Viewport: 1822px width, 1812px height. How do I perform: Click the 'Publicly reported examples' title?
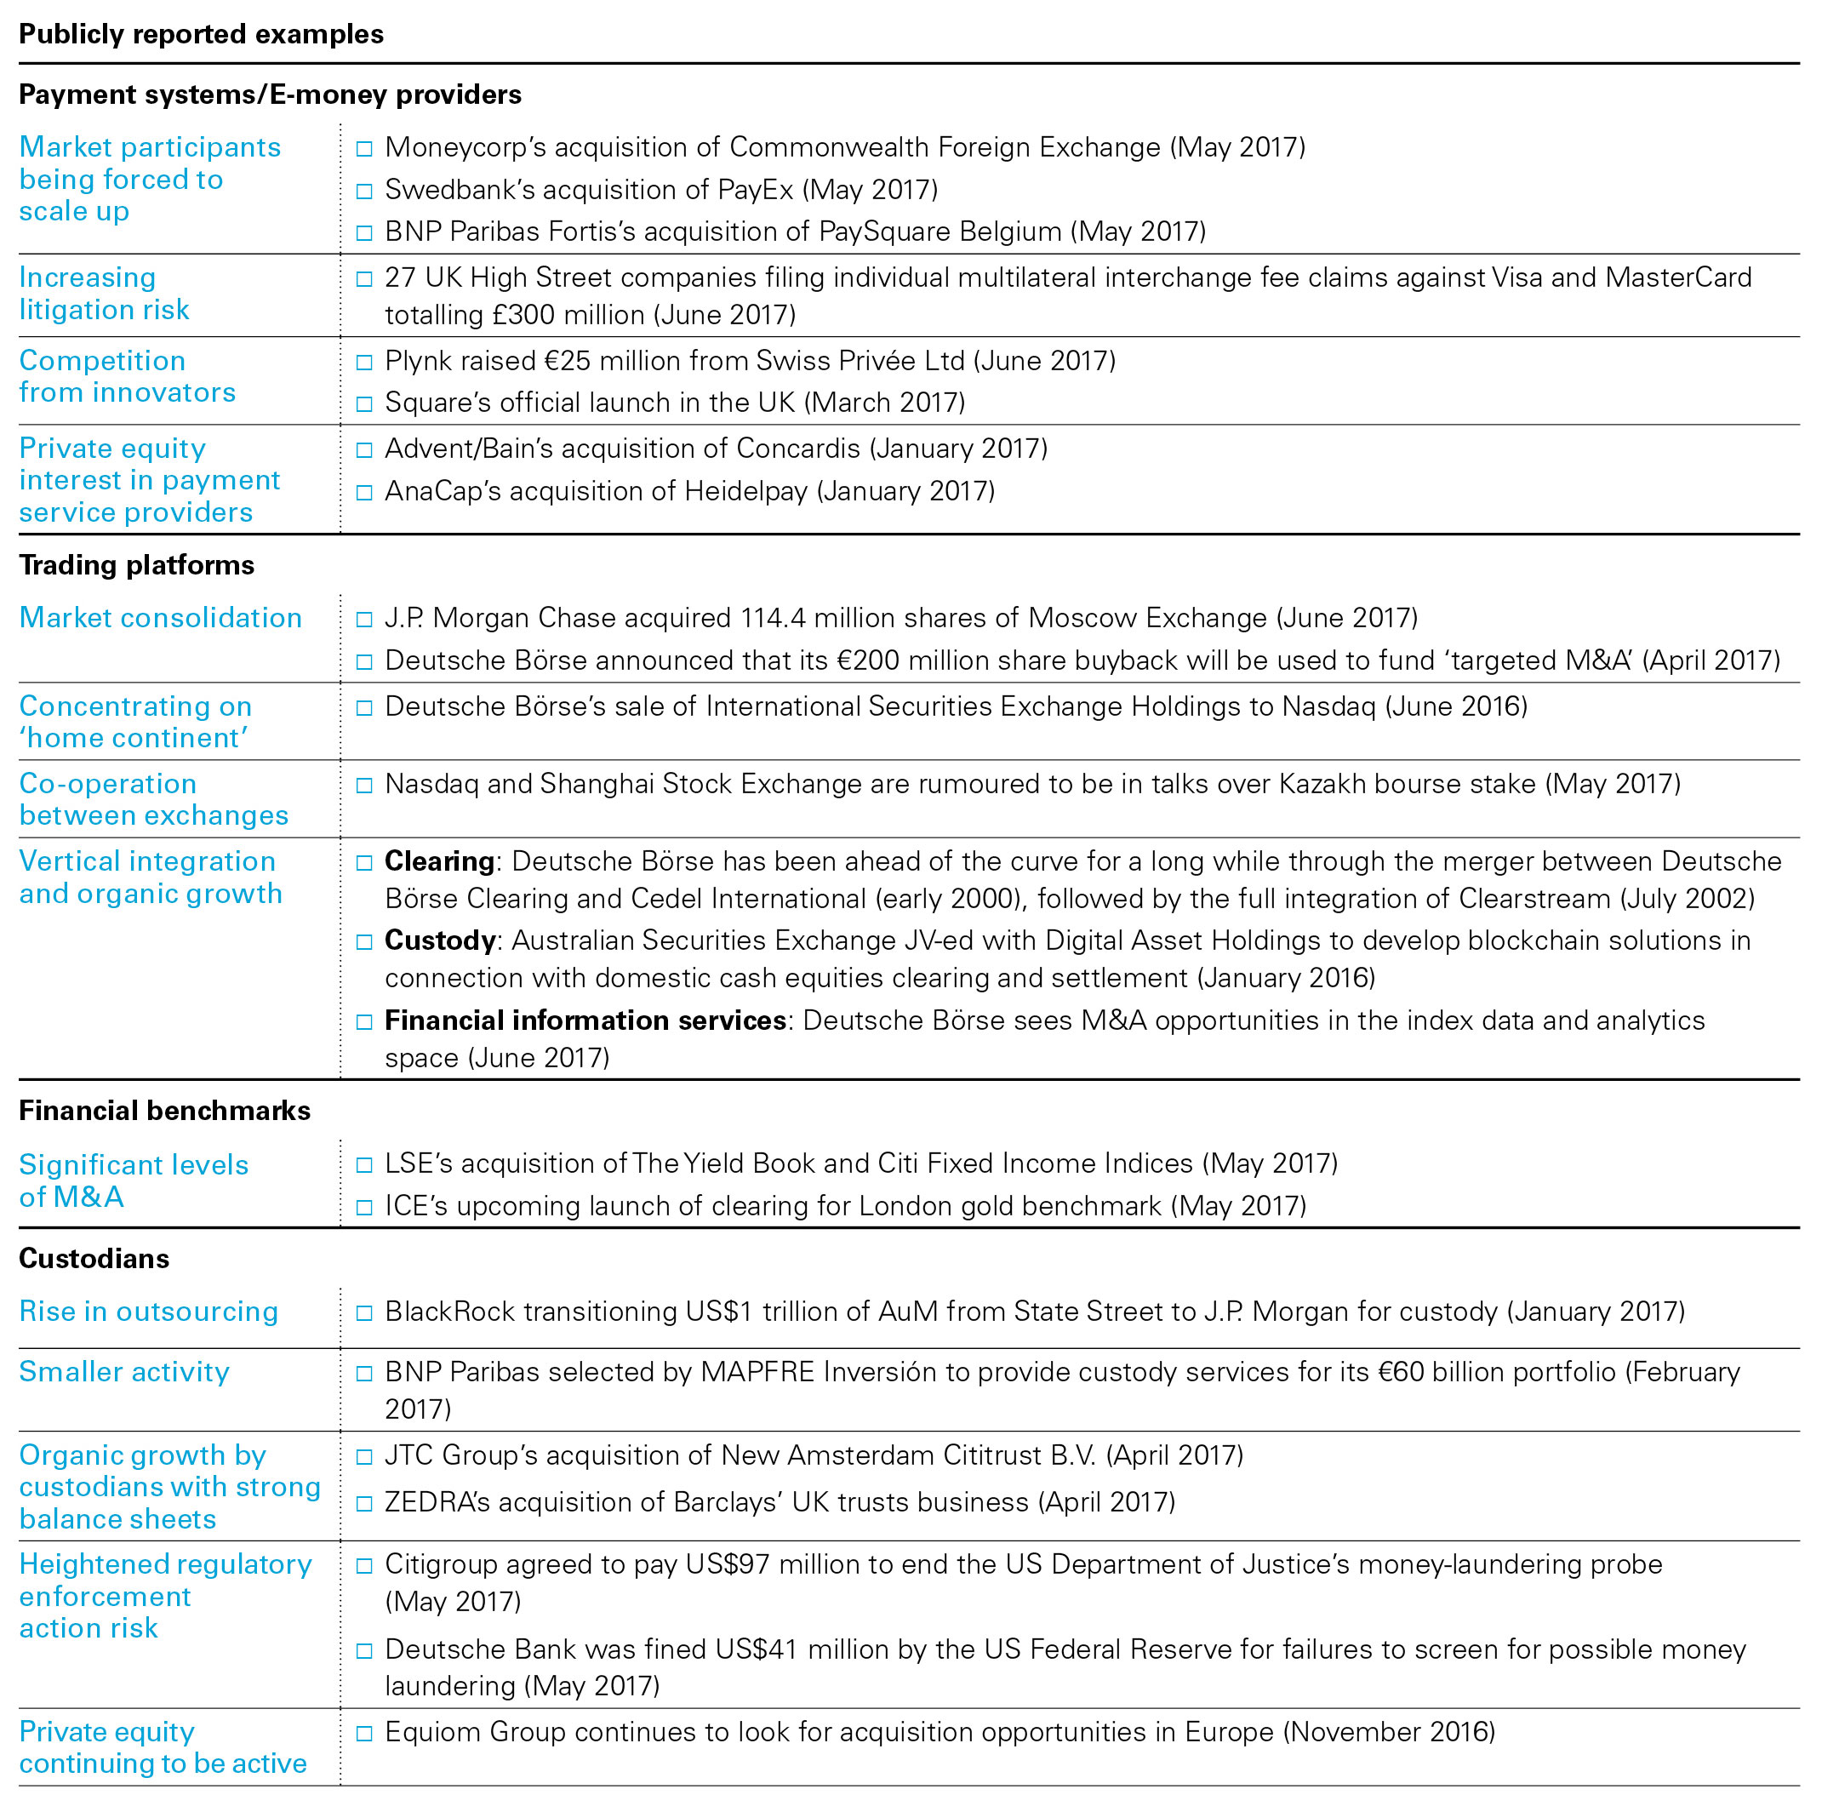[201, 34]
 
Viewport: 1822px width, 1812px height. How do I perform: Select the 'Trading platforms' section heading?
[137, 565]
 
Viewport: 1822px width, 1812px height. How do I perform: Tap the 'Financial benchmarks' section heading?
[164, 1110]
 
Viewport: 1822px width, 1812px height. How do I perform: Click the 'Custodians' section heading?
[94, 1258]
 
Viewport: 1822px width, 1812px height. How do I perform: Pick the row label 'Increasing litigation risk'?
[104, 294]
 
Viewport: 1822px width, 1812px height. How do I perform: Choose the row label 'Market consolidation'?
[160, 618]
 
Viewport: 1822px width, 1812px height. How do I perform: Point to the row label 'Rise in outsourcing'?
[148, 1312]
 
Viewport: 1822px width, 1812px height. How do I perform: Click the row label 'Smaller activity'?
[123, 1371]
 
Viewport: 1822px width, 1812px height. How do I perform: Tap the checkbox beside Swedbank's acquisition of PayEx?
[364, 191]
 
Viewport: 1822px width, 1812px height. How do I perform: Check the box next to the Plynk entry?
[364, 363]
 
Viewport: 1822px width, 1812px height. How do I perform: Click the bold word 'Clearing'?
[439, 861]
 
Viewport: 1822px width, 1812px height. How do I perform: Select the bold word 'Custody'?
[439, 940]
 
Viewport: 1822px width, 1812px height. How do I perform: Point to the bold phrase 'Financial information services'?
[585, 1020]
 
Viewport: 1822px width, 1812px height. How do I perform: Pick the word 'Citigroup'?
[441, 1564]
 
